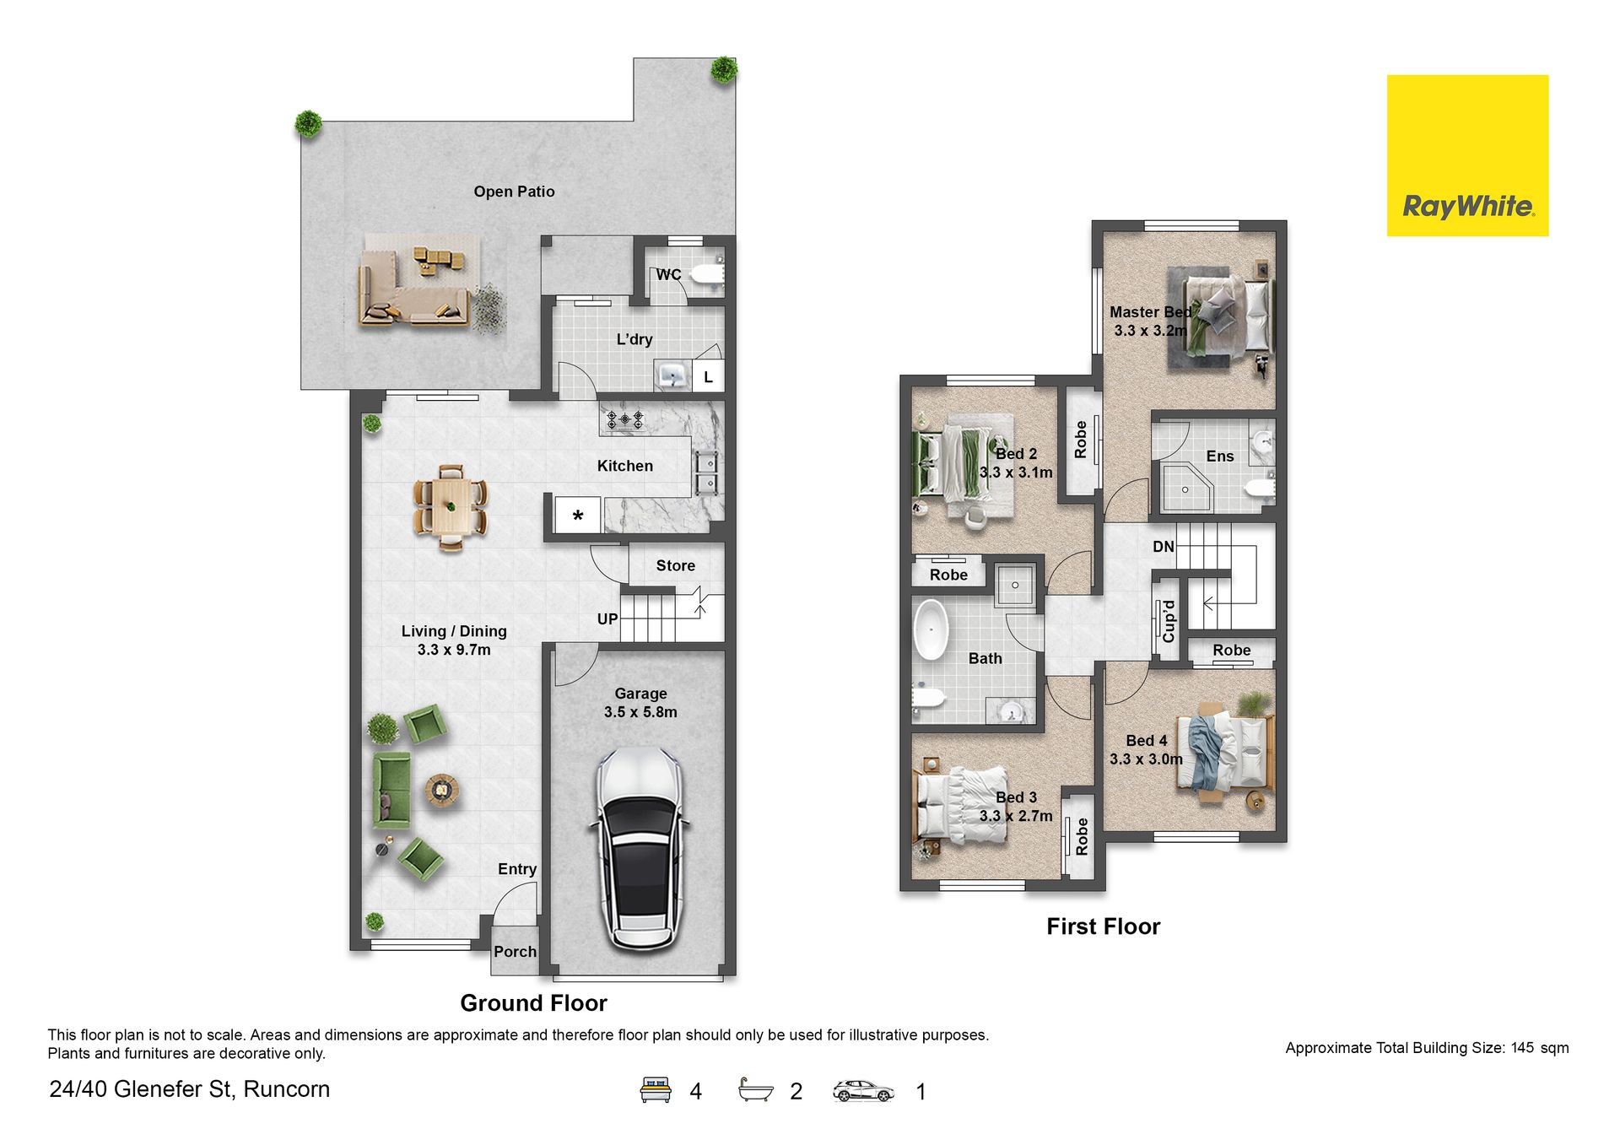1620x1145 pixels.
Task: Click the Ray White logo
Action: tap(1467, 155)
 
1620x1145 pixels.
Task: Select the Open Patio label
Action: tap(514, 192)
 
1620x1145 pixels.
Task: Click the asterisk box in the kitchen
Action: tap(578, 515)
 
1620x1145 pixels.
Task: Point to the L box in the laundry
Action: tap(708, 376)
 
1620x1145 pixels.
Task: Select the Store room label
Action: tap(676, 565)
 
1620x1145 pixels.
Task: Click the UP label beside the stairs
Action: tap(607, 618)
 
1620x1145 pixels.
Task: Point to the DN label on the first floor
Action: tap(1164, 547)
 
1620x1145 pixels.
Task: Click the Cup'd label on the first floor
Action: tap(1169, 621)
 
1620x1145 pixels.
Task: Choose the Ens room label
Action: tap(1220, 456)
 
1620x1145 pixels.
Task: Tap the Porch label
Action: tap(515, 952)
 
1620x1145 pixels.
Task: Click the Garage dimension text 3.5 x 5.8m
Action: tap(640, 712)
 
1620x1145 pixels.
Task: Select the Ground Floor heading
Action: tap(533, 1003)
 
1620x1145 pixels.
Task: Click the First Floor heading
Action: tap(1104, 926)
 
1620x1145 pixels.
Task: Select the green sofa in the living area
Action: tap(391, 790)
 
